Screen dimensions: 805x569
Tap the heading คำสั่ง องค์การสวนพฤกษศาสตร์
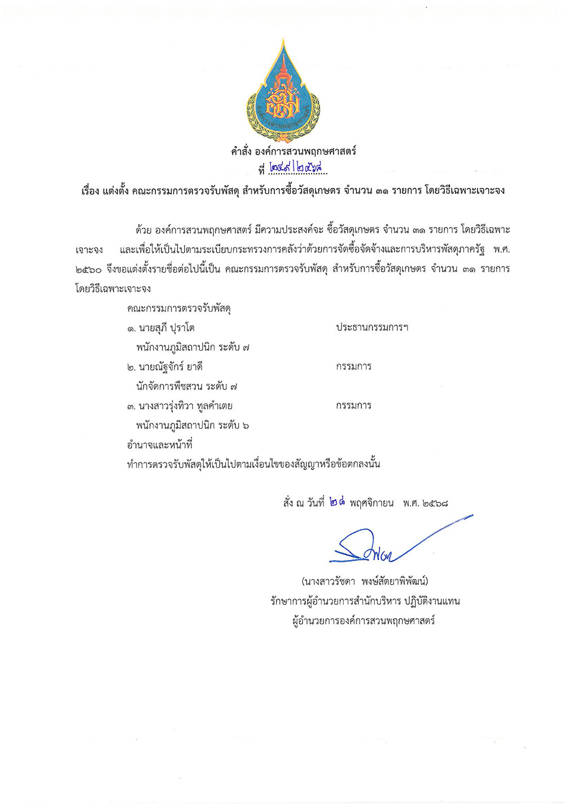point(293,151)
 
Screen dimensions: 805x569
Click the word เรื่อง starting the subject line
point(90,191)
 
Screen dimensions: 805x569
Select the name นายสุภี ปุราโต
point(161,328)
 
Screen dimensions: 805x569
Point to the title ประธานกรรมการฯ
point(372,327)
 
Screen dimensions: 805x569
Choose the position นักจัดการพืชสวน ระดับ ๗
point(186,387)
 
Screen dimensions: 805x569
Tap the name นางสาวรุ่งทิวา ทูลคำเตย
point(180,406)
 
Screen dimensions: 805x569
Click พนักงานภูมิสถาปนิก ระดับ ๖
point(192,426)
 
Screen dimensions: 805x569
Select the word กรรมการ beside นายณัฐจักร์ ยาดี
point(353,367)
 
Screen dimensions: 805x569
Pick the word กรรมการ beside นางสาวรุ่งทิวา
point(353,406)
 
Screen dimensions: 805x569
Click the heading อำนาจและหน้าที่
point(160,445)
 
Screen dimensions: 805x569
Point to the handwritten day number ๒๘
point(337,502)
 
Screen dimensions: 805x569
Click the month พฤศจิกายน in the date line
point(371,503)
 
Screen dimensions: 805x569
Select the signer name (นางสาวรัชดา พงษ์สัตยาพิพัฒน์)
point(365,581)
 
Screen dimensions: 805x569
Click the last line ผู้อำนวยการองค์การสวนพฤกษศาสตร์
point(364,621)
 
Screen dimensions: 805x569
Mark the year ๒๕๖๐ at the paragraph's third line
point(88,269)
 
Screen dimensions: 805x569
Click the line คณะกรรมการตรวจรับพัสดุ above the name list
point(179,309)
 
